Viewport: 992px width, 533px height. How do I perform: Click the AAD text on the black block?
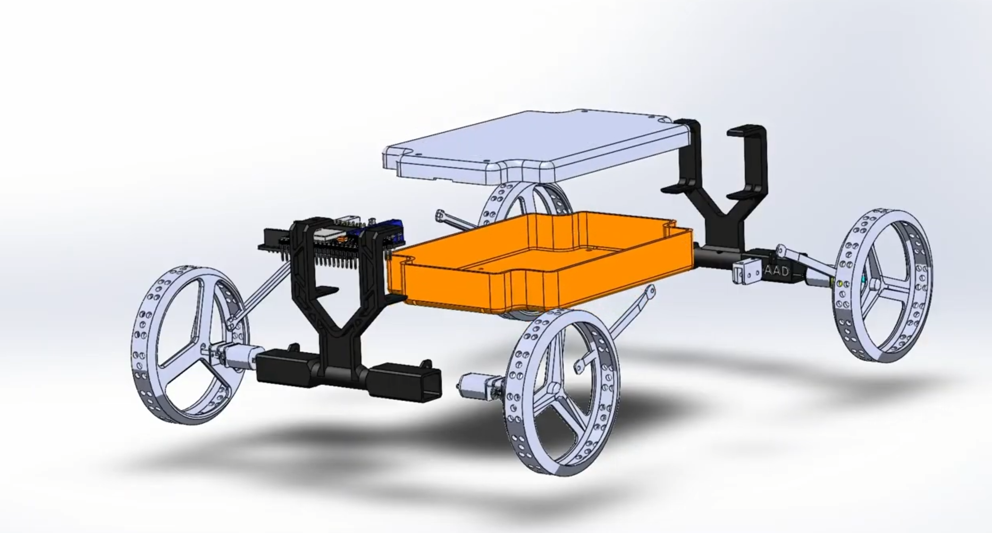[x=776, y=271]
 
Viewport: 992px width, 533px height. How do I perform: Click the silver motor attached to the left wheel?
[x=234, y=355]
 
